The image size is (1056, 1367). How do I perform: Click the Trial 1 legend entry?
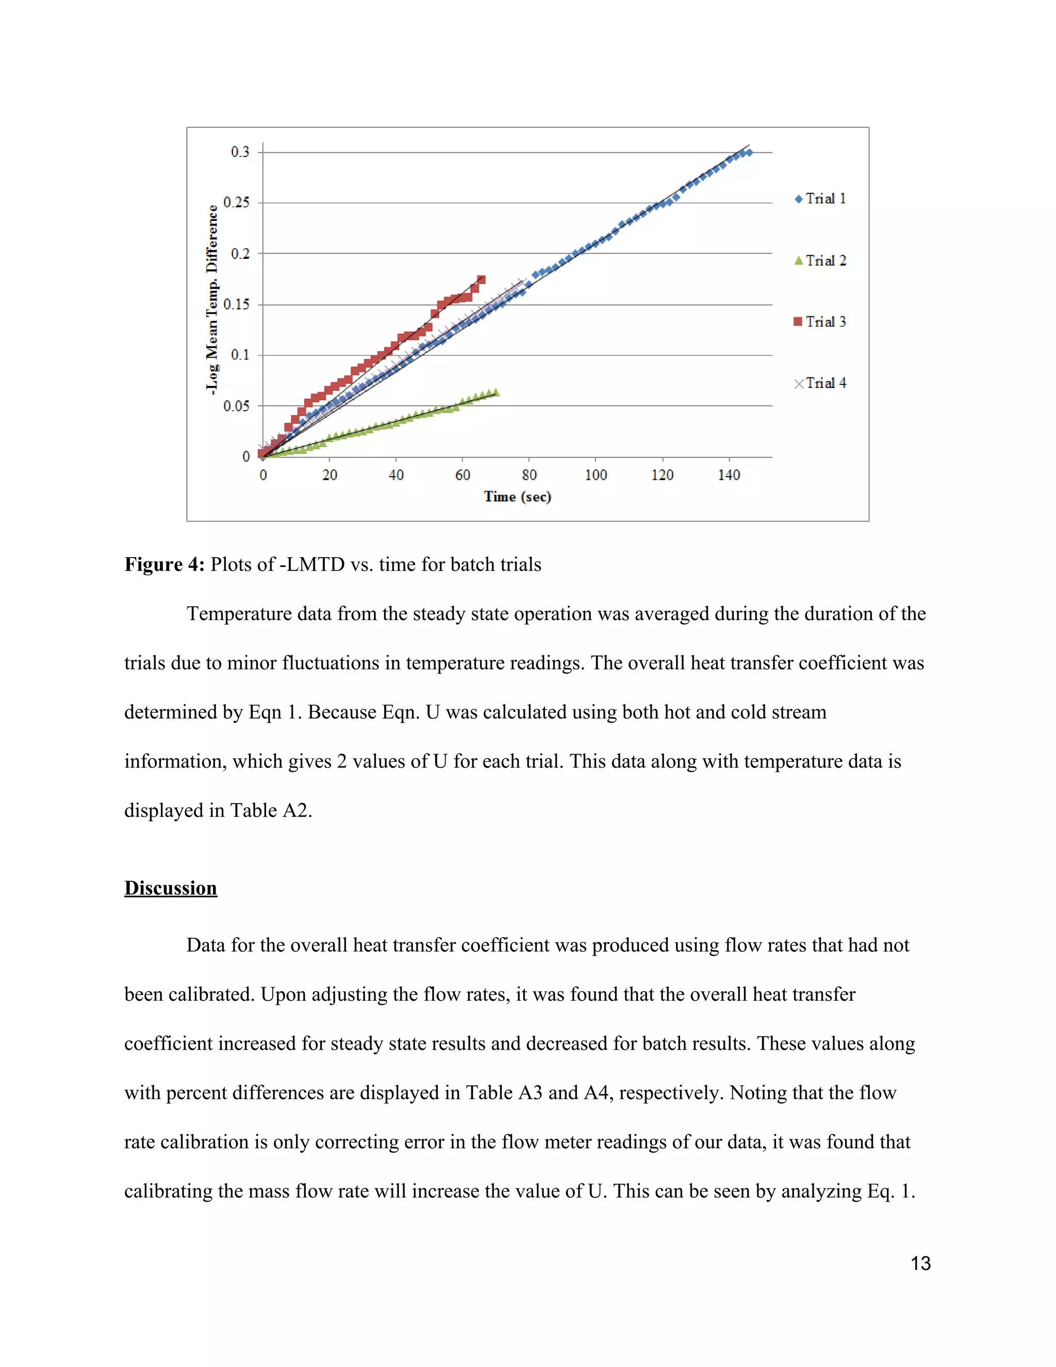click(820, 199)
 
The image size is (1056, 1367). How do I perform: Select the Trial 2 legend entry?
click(820, 261)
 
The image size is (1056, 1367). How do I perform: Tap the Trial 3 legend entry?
click(820, 322)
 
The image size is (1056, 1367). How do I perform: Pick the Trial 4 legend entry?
click(820, 383)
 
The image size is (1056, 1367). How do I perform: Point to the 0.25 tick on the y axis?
click(237, 203)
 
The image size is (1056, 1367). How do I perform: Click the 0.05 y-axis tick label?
click(237, 406)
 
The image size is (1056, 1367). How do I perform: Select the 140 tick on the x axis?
click(729, 475)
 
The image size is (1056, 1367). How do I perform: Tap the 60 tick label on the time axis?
click(463, 475)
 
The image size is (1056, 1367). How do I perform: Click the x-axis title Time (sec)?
click(517, 497)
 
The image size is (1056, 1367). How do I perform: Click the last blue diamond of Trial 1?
click(749, 153)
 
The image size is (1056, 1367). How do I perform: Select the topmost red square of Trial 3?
click(481, 280)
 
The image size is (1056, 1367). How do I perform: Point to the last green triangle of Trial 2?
click(496, 393)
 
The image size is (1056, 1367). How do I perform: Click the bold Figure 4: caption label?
click(164, 564)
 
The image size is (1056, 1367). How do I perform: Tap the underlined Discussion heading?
click(170, 888)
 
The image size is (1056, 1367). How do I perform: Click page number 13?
click(920, 1264)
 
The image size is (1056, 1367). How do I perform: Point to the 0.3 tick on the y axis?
click(240, 152)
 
